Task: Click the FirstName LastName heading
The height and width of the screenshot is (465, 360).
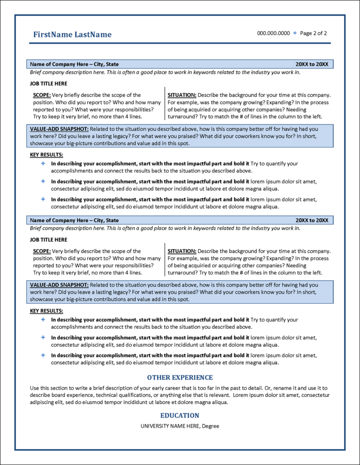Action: coord(72,35)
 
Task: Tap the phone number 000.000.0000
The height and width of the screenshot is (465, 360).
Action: coord(273,33)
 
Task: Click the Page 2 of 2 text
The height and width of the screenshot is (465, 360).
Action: coord(313,33)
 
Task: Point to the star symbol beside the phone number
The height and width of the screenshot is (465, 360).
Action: coord(295,33)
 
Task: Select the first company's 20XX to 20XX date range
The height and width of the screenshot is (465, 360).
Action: coord(312,64)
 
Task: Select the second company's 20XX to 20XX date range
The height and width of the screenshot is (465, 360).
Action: coord(312,220)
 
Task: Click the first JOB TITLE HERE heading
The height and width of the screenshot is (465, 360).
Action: coord(49,84)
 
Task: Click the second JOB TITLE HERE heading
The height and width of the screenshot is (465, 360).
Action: coord(49,240)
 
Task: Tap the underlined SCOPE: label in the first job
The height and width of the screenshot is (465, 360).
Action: coord(42,95)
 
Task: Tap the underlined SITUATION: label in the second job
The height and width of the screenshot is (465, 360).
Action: coord(182,251)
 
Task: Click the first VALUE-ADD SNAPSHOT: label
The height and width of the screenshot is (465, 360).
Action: coord(59,129)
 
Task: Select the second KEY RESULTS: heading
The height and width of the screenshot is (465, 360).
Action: coord(46,311)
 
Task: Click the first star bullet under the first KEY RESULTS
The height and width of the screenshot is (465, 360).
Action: coord(43,164)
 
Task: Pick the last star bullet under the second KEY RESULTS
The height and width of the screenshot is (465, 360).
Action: coord(43,355)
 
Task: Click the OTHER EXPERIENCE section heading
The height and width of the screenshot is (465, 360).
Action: coord(180,378)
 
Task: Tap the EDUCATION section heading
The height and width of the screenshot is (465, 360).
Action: coord(180,416)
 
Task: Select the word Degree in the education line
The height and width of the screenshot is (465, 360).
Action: coord(211,426)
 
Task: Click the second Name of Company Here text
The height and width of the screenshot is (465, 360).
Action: coord(58,220)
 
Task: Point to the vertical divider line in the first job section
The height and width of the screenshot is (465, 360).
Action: coord(165,106)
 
